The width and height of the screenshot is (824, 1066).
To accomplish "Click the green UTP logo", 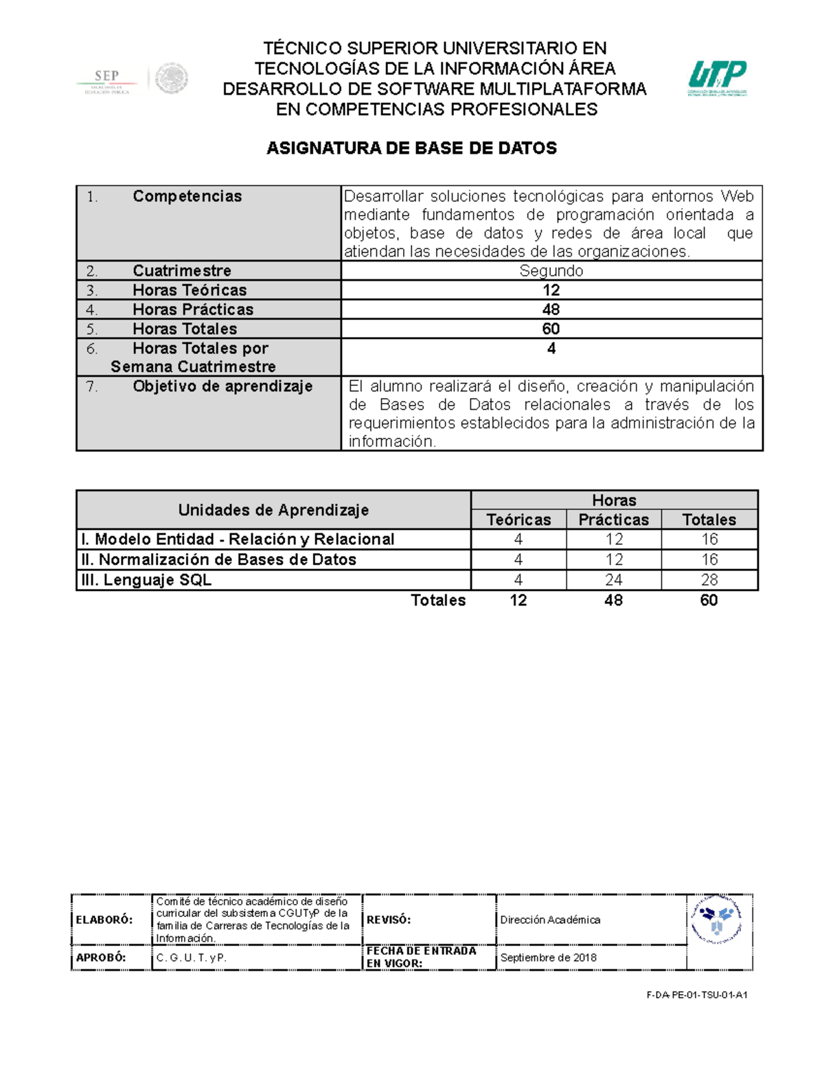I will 718,78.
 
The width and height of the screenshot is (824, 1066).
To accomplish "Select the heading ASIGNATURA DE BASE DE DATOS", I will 411,148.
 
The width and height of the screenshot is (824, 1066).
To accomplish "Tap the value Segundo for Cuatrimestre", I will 551,271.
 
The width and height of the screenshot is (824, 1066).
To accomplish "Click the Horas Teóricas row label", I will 190,290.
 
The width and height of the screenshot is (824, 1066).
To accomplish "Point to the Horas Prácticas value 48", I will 551,310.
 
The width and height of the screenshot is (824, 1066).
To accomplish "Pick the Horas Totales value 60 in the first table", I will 551,329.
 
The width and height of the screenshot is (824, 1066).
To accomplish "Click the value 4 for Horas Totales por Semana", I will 551,349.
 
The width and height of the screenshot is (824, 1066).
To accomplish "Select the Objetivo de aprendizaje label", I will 222,386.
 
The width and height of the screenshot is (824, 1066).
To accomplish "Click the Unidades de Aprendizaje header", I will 273,510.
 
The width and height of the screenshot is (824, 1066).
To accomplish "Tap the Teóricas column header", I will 518,520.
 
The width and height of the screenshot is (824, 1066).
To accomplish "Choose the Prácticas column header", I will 613,520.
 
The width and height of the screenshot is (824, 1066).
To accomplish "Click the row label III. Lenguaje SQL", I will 146,580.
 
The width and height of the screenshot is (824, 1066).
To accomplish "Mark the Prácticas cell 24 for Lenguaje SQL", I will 613,580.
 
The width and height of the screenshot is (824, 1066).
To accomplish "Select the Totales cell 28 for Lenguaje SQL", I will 709,580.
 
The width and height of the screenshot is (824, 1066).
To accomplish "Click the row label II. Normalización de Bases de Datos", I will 219,559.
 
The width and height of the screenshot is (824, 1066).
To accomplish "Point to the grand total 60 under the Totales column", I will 709,601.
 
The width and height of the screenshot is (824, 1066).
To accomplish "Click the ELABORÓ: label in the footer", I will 104,920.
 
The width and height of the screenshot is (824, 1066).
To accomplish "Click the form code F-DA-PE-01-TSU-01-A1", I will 696,995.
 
